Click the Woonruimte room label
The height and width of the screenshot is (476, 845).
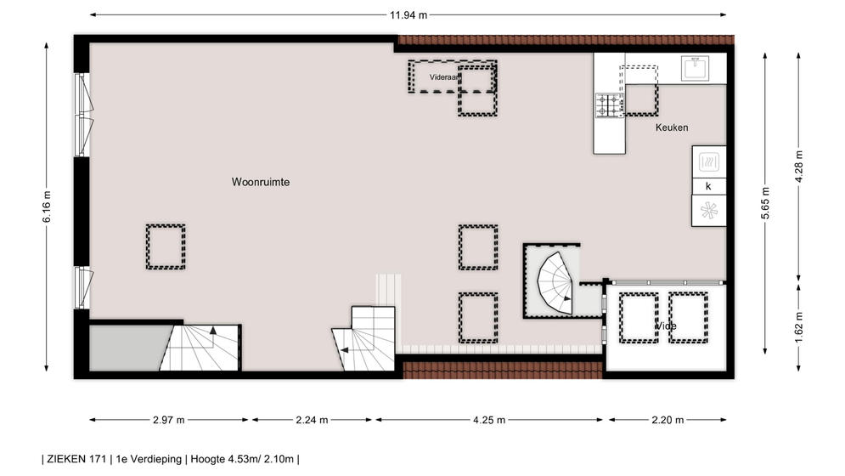pyautogui.click(x=261, y=182)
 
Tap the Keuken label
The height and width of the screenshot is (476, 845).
pyautogui.click(x=672, y=127)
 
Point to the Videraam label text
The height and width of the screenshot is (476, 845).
pyautogui.click(x=445, y=77)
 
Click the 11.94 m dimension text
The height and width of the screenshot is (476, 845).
pyautogui.click(x=408, y=15)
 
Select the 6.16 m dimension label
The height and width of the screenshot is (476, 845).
pyautogui.click(x=47, y=207)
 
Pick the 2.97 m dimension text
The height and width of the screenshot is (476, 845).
pyautogui.click(x=169, y=420)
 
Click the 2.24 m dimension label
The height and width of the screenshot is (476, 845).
pyautogui.click(x=312, y=420)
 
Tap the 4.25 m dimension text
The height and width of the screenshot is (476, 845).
pyautogui.click(x=489, y=420)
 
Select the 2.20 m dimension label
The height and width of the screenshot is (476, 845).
pyautogui.click(x=668, y=420)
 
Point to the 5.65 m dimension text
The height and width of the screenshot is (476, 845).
pyautogui.click(x=765, y=203)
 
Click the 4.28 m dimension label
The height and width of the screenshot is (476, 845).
pyautogui.click(x=798, y=167)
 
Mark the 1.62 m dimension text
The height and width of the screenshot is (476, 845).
pyautogui.click(x=798, y=327)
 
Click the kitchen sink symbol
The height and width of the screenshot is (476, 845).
pyautogui.click(x=695, y=68)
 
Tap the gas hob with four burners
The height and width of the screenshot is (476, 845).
pyautogui.click(x=610, y=105)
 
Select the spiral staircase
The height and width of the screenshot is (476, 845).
pyautogui.click(x=555, y=283)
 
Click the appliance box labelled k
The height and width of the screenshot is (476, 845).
pyautogui.click(x=708, y=186)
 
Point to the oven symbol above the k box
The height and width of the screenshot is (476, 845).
pyautogui.click(x=708, y=161)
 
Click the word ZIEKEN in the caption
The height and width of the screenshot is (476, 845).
pyautogui.click(x=66, y=459)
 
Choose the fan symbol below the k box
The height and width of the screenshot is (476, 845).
pyautogui.click(x=708, y=211)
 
